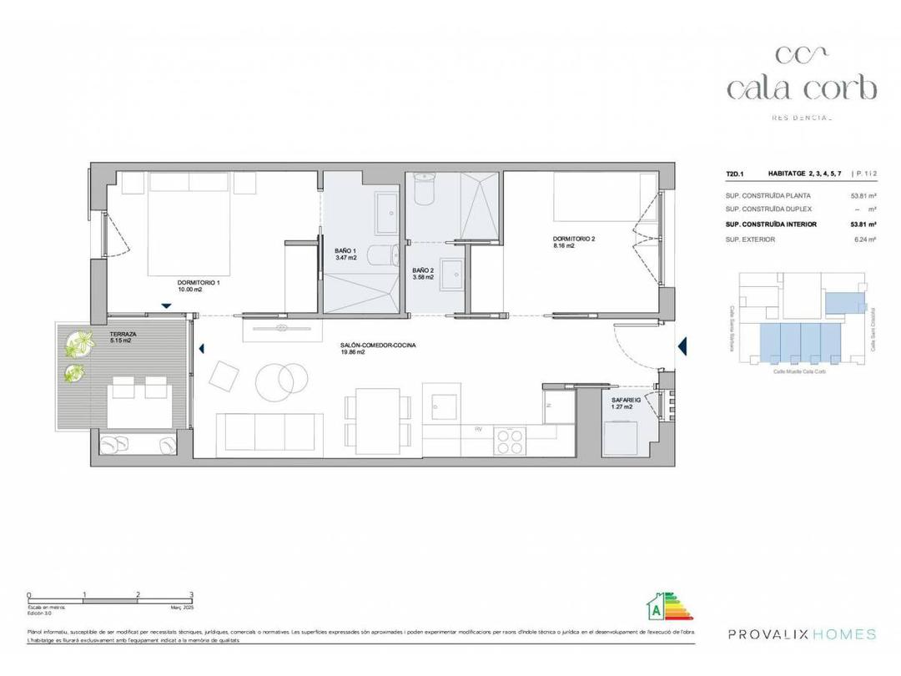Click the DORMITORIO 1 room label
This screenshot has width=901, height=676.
[199, 283]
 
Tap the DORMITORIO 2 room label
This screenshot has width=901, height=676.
[574, 238]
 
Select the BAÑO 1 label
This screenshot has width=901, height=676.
[345, 250]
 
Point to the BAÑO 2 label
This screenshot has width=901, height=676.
[423, 270]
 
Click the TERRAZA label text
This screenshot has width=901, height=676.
[123, 333]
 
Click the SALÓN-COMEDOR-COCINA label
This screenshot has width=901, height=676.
[377, 346]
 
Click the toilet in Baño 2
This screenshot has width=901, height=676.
[425, 190]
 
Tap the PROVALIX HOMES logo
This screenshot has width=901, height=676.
[802, 634]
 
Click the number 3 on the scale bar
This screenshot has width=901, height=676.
[192, 595]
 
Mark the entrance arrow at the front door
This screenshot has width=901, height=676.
[682, 346]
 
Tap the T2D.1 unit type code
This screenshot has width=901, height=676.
[734, 174]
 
